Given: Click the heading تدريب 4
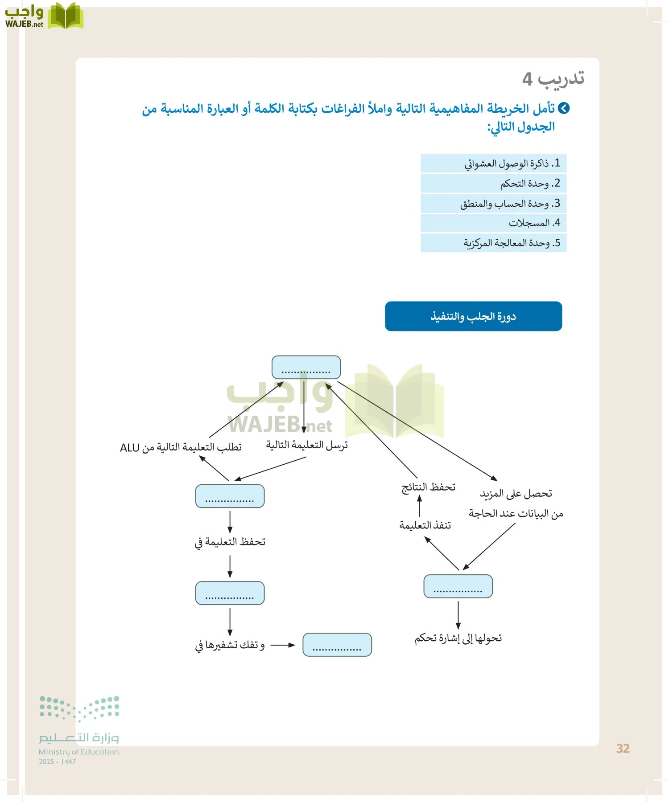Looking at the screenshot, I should point(553,79).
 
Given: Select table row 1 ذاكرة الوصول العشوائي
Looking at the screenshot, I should point(493,164).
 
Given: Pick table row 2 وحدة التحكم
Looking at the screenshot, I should point(493,183).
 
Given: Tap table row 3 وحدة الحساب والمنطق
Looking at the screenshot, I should point(493,204).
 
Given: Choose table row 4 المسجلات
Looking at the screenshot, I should point(493,223).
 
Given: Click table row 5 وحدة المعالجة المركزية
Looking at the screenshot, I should point(493,243).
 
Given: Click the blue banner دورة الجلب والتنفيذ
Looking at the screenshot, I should point(473,316).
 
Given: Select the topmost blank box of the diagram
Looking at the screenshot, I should point(306,367).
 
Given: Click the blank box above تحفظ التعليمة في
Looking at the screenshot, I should point(230,496).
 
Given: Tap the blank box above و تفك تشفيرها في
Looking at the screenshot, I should point(230,593).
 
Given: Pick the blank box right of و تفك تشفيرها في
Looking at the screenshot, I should point(337,645).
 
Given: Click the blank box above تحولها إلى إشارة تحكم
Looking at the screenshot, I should point(458,586).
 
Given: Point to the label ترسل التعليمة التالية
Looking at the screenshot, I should point(307,445).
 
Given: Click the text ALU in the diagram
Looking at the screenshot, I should point(130,448).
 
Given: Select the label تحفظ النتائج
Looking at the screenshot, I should point(428,487).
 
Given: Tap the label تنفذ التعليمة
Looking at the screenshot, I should point(425,525).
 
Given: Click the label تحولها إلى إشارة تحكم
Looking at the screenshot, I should point(458,638).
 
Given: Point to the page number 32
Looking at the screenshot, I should point(623,749).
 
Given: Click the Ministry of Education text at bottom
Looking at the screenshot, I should point(78,752).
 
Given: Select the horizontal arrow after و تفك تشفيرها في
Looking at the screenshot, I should point(283,645).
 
